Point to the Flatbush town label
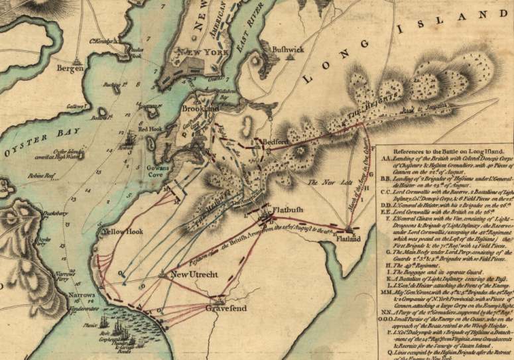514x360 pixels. click(289, 210)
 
